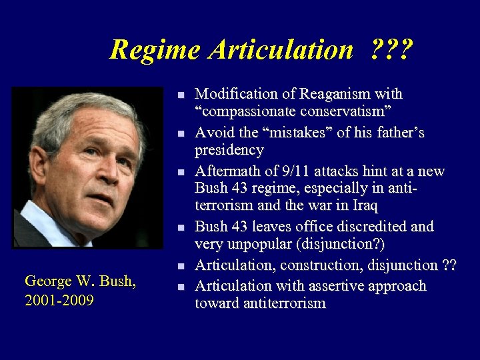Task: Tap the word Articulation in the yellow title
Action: click(x=280, y=49)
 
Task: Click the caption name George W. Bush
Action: click(x=80, y=281)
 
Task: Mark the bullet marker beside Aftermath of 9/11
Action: click(x=180, y=172)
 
